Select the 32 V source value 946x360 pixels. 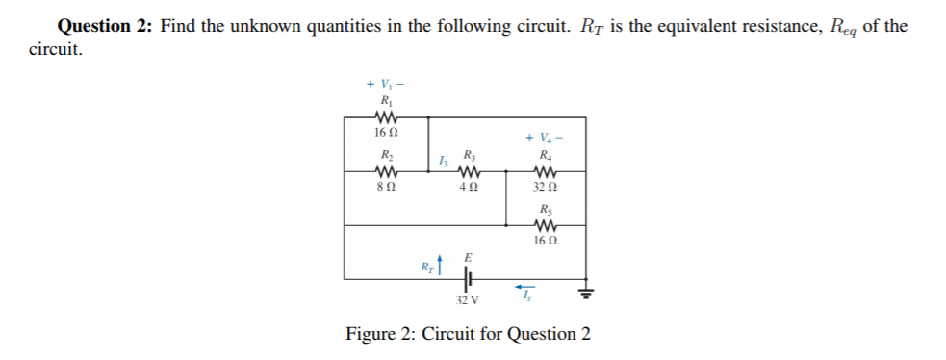pyautogui.click(x=467, y=300)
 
